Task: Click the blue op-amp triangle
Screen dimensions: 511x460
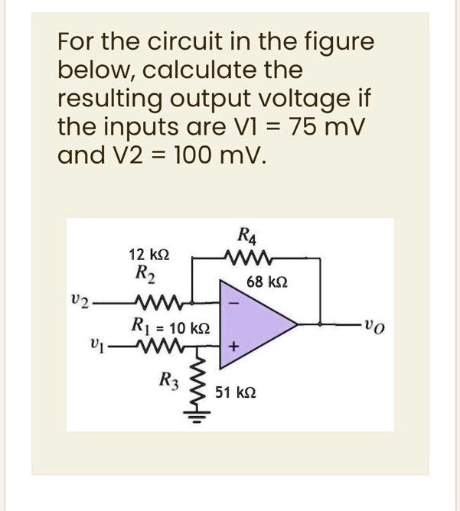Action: (256, 324)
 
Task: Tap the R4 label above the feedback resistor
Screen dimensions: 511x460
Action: (247, 235)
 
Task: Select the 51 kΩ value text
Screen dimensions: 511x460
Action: (234, 392)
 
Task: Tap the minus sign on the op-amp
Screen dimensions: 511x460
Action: (235, 304)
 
